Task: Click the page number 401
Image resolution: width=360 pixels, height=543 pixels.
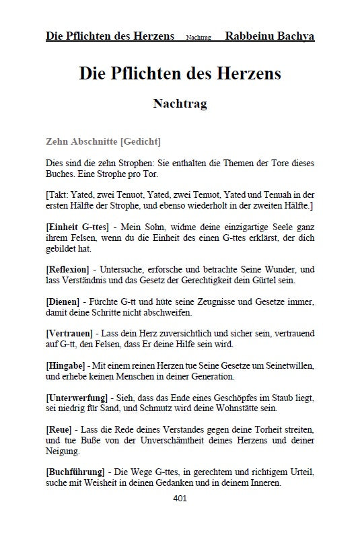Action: [180, 499]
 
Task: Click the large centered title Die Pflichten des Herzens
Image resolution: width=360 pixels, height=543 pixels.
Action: [180, 74]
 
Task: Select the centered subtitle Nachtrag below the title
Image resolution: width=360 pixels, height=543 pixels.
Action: [180, 104]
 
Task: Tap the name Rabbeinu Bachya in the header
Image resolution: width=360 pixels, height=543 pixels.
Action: [270, 36]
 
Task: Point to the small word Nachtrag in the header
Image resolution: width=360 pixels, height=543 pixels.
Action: [199, 37]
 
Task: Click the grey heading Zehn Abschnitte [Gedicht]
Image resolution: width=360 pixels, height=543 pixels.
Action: [103, 142]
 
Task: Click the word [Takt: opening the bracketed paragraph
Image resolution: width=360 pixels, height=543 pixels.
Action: [58, 192]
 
